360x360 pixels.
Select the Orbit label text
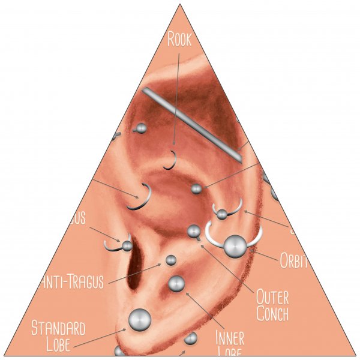coord(293,260)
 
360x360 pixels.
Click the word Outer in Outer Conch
coord(272,296)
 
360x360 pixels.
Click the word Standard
coord(58,328)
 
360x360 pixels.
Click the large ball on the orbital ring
coord(234,244)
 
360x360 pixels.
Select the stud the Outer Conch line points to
coord(194,230)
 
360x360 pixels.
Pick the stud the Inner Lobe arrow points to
coord(176,283)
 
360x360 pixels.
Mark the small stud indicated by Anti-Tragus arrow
coord(171,260)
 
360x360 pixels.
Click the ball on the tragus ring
coord(127,245)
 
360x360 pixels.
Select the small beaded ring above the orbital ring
coord(223,213)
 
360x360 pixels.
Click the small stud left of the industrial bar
coord(142,128)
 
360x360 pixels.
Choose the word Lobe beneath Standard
coord(58,344)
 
